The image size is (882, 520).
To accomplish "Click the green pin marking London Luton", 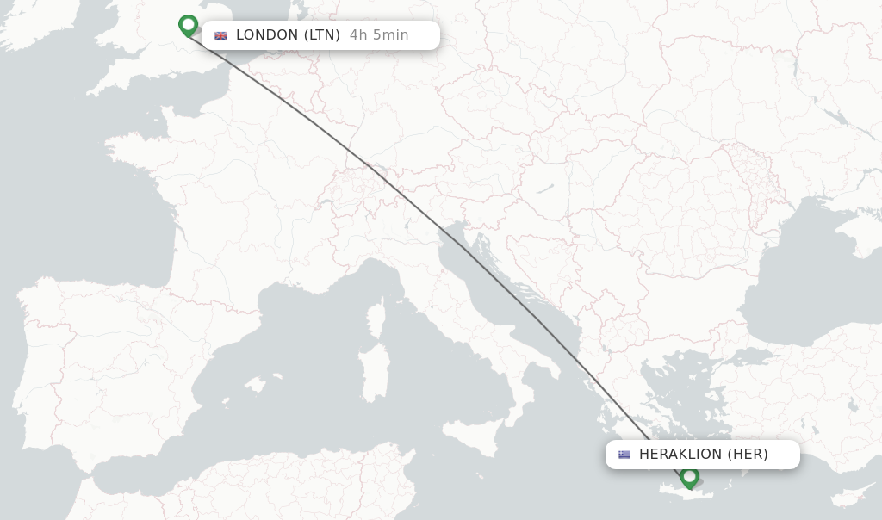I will tap(188, 25).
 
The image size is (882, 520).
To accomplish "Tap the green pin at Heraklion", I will tap(689, 475).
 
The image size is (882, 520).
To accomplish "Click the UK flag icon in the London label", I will tap(221, 35).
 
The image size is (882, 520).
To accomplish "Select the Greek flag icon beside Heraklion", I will tap(624, 455).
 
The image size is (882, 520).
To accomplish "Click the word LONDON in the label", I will tap(267, 35).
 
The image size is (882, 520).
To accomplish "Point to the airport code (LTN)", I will tap(322, 35).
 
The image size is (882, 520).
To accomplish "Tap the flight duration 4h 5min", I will tap(379, 35).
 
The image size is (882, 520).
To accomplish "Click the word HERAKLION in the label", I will tap(680, 455).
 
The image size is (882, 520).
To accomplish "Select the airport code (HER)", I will tap(748, 455).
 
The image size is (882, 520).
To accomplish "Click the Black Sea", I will tap(801, 275).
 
